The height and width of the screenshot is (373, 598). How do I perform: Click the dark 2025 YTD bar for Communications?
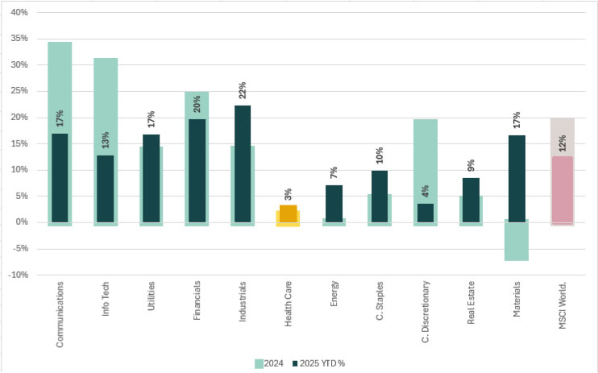point(60,177)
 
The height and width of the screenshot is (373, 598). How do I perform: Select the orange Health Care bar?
point(288,213)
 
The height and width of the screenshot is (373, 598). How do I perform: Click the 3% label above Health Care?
point(288,193)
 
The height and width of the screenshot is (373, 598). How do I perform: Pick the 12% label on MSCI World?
point(563,143)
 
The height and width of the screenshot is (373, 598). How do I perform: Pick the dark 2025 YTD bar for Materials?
point(517,178)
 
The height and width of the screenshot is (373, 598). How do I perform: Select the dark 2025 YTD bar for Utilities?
point(151,178)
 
